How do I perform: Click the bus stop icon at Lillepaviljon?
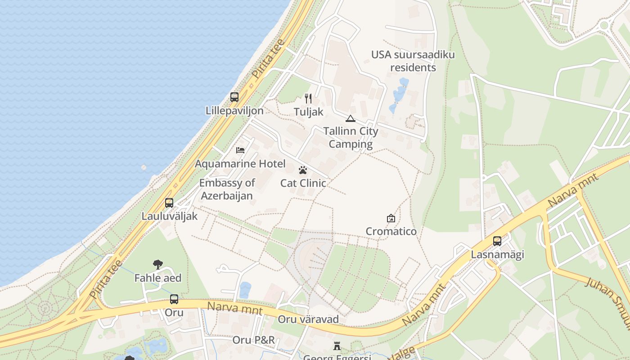[234, 97]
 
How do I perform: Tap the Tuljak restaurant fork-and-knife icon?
[308, 98]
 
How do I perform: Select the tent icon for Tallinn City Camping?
[350, 119]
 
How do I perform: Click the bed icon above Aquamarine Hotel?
[240, 150]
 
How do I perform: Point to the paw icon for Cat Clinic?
[303, 170]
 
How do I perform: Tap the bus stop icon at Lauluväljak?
[169, 203]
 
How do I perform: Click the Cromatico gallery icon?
[391, 218]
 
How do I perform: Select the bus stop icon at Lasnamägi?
[497, 241]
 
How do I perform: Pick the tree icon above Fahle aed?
[157, 265]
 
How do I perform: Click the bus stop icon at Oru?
[174, 299]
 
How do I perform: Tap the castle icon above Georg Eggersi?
[337, 346]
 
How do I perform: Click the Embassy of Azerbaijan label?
[227, 189]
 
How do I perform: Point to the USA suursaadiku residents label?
[413, 61]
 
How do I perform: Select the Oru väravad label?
[308, 319]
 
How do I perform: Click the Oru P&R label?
[253, 340]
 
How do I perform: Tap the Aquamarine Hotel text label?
[240, 164]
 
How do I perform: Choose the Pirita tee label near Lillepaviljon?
[268, 60]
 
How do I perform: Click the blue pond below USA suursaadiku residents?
[399, 92]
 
